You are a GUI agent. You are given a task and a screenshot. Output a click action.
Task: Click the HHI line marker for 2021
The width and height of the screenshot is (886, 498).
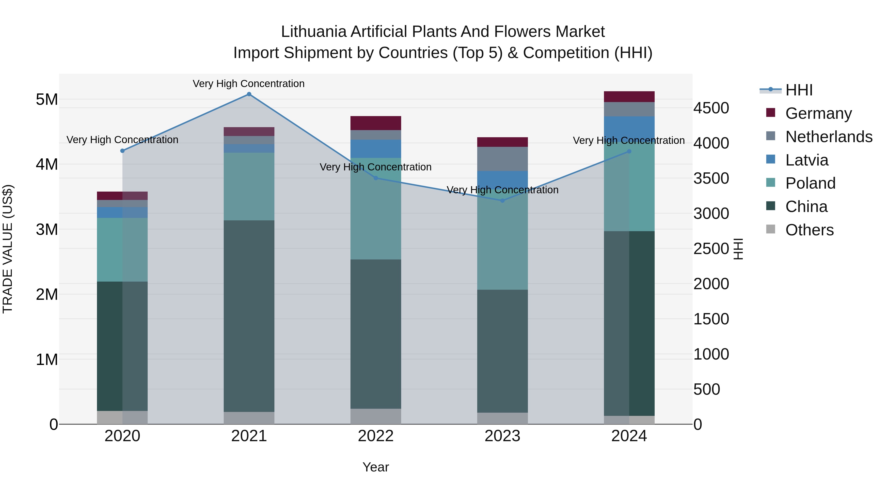coord(249,94)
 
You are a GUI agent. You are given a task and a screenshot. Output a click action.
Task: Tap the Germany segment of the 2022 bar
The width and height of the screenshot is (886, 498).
coord(376,123)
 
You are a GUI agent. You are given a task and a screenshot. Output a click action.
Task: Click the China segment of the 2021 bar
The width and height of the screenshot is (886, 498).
coord(249,316)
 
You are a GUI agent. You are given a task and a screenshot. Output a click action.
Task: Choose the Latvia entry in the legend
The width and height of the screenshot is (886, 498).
coord(807,160)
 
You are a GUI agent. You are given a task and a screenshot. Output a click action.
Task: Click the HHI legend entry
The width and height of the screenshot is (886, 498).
coord(799,90)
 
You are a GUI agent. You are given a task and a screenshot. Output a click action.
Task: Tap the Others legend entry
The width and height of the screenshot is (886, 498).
coord(809,230)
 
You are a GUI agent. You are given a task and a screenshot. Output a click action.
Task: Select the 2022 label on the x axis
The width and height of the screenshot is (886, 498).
coord(376,436)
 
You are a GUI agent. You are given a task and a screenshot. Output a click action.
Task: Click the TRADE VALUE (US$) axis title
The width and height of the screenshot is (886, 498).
coord(8,249)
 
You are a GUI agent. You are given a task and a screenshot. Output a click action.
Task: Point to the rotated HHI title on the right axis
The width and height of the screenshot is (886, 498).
coord(738,249)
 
